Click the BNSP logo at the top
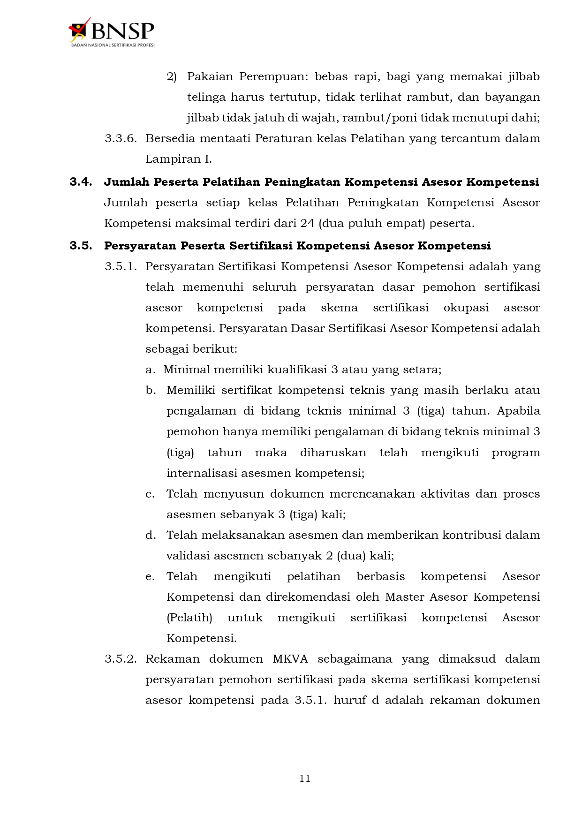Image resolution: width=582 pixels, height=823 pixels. tap(112, 32)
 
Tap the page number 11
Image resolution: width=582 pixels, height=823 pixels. tap(305, 778)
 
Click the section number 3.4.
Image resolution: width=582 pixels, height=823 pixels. tap(81, 182)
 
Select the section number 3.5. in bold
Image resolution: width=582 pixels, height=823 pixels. tap(81, 246)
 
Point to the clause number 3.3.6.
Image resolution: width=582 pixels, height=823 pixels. tap(121, 138)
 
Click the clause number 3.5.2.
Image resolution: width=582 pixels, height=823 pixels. tap(121, 659)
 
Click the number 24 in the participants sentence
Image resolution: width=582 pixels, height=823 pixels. tap(307, 223)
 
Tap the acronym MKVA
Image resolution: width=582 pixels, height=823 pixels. tap(290, 659)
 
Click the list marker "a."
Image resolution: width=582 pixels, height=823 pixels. tap(150, 370)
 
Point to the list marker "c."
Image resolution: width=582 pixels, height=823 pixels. tap(150, 494)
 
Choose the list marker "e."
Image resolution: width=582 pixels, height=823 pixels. tap(150, 576)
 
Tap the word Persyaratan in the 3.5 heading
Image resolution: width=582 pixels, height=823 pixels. tap(140, 246)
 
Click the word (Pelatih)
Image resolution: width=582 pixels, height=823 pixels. tap(189, 618)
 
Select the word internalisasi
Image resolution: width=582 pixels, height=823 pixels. tap(202, 473)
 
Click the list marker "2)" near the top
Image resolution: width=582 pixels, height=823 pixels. tap(172, 76)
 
